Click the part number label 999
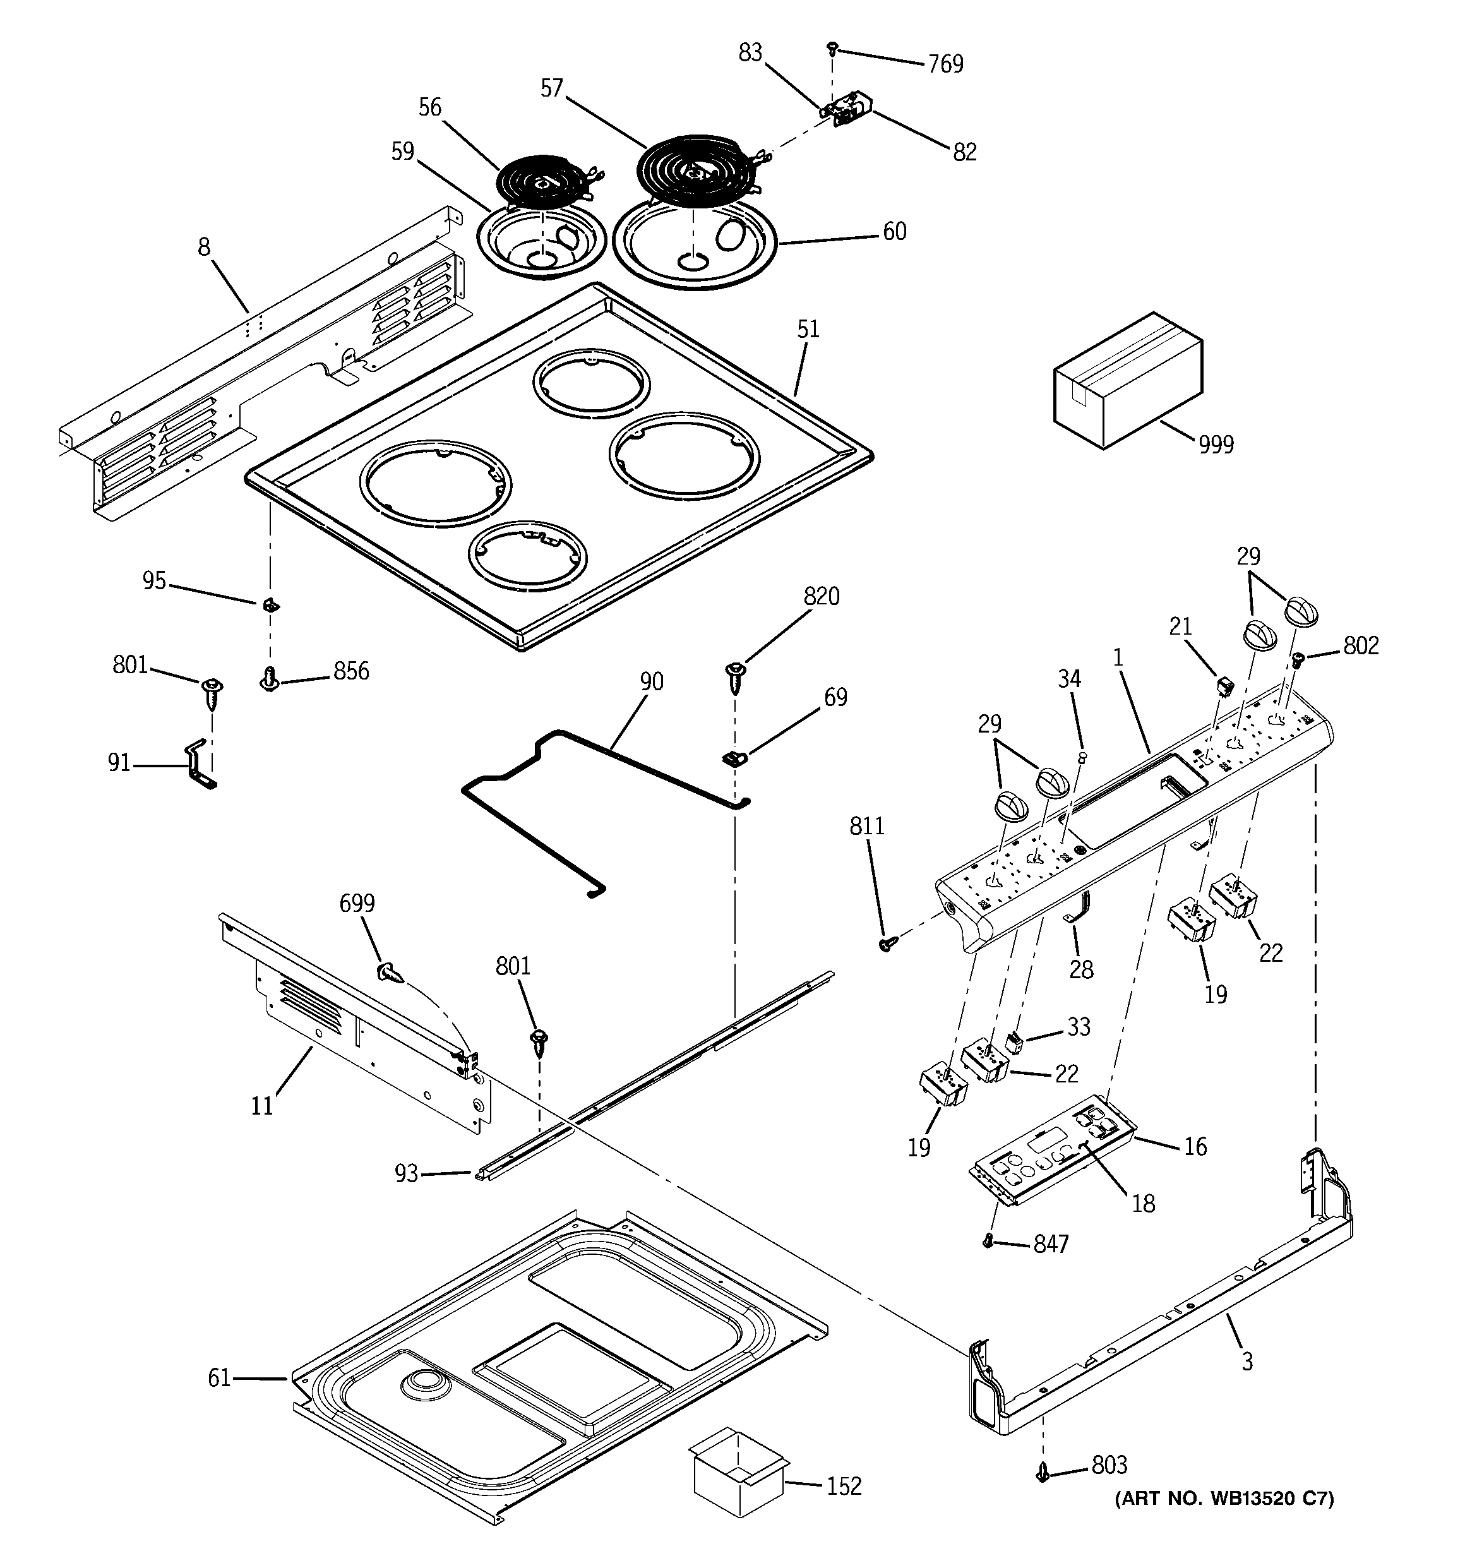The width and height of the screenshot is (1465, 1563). point(1216,445)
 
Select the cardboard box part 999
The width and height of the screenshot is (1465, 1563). point(1127,381)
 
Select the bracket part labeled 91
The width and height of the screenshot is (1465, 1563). point(198,764)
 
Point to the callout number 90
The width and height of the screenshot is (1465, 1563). point(651,681)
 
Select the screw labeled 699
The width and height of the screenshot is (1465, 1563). point(390,973)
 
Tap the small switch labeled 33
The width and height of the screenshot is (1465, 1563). point(1014,1044)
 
